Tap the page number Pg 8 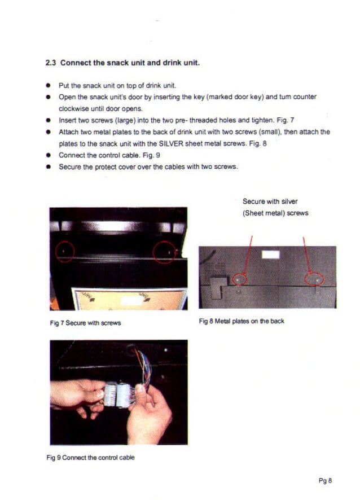click(x=325, y=481)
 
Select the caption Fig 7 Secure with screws click(x=85, y=323)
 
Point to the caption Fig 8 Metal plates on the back click(x=242, y=321)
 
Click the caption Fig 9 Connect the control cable click(x=90, y=457)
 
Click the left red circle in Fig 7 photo click(x=65, y=251)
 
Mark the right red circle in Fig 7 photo click(x=165, y=250)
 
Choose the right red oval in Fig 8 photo click(x=314, y=279)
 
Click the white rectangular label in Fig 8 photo click(x=271, y=254)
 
